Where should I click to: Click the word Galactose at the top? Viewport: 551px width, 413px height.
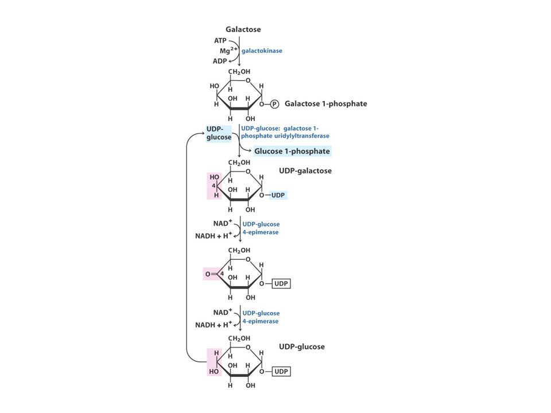[x=243, y=29]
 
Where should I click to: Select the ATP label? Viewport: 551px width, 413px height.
[x=220, y=41]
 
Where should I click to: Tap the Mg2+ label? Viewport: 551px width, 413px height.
[x=229, y=50]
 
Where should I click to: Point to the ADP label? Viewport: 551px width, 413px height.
[x=220, y=61]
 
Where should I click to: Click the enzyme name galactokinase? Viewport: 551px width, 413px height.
[x=262, y=50]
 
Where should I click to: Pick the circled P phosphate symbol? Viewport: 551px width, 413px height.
[x=274, y=104]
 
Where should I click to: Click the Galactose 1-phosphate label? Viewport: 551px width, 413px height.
[x=326, y=104]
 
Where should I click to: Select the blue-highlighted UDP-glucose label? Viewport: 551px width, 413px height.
[x=219, y=133]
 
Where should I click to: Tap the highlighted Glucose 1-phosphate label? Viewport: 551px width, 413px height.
[x=292, y=151]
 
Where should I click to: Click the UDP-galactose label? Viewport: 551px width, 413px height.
[x=305, y=171]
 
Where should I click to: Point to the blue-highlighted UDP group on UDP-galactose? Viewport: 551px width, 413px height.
[x=278, y=195]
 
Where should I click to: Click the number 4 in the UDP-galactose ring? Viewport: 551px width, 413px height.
[x=214, y=186]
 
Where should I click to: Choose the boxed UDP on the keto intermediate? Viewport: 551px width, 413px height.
[x=281, y=283]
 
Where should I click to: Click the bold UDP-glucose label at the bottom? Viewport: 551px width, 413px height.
[x=301, y=346]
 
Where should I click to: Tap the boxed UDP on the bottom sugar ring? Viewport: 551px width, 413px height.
[x=281, y=371]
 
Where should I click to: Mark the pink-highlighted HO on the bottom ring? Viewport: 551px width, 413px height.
[x=214, y=372]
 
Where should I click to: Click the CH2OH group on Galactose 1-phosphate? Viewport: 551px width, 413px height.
[x=239, y=72]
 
